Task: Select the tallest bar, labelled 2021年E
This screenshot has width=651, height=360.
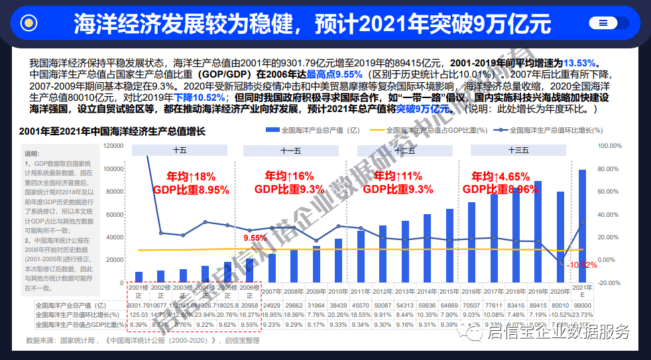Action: point(583,225)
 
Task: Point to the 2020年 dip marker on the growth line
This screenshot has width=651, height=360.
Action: point(560,264)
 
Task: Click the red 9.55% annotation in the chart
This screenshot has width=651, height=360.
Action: point(255,237)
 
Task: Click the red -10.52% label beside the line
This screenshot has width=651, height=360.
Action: point(583,265)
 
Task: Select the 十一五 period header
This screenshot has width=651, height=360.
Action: point(291,150)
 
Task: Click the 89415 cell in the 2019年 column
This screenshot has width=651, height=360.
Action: point(538,305)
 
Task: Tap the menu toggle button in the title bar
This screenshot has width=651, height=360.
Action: point(603,23)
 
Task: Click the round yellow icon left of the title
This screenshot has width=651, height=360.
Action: point(29,23)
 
